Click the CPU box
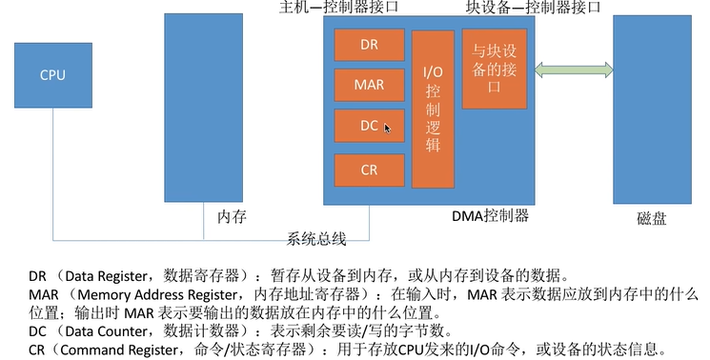pos(52,75)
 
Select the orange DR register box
pos(370,44)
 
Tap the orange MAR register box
pos(370,84)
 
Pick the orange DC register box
pos(370,125)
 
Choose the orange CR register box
pos(370,170)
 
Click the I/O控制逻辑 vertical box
pos(433,110)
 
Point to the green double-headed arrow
pos(571,70)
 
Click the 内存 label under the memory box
pos(232,217)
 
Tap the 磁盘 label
pos(651,219)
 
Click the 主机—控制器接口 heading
pos(337,8)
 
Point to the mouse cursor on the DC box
pos(387,126)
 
